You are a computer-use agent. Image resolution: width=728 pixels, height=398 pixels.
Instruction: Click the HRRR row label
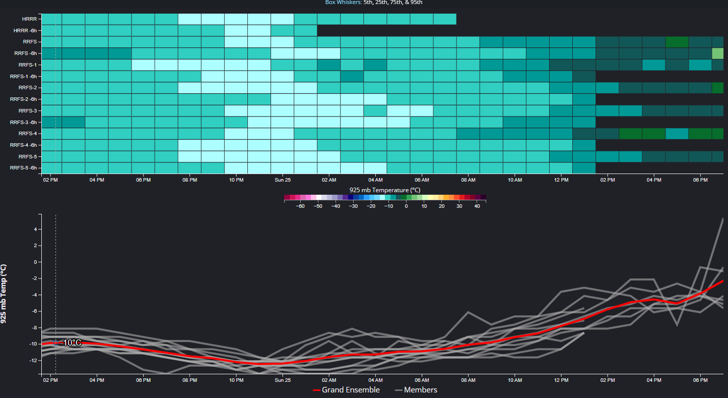[x=30, y=19]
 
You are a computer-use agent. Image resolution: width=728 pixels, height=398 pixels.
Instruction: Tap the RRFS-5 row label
[x=27, y=156]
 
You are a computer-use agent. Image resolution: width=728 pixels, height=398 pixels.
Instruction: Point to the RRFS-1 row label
[x=27, y=65]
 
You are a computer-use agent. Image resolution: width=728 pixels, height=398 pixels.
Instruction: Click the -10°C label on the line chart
[x=71, y=343]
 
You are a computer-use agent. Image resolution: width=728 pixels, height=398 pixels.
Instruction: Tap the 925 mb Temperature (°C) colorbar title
[x=385, y=190]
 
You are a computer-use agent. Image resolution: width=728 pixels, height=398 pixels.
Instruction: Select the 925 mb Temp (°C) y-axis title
[x=4, y=294]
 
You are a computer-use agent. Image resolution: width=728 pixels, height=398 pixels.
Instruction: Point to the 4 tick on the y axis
[x=35, y=229]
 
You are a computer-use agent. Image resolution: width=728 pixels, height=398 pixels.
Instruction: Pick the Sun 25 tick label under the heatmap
[x=282, y=180]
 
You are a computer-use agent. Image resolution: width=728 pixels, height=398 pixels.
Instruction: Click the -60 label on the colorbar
[x=300, y=206]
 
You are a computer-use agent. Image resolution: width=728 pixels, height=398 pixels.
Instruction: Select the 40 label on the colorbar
[x=477, y=206]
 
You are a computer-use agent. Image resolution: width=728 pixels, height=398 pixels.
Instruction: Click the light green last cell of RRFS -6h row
[x=717, y=53]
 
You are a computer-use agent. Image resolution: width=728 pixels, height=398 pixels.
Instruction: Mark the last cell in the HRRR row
[x=444, y=19]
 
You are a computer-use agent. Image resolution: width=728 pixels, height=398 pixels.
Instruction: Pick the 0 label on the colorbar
[x=406, y=206]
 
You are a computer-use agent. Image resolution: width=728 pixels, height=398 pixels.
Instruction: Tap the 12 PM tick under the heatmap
[x=561, y=180]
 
